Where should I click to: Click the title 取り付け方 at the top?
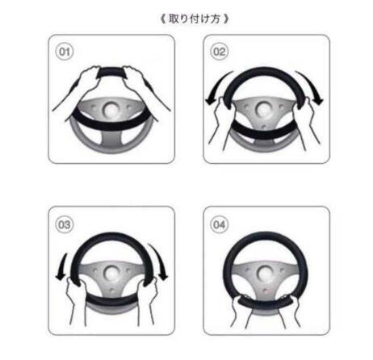pyautogui.click(x=195, y=19)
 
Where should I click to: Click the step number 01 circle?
pyautogui.click(x=65, y=52)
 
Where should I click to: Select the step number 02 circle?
pyautogui.click(x=220, y=52)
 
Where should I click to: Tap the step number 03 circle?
pyautogui.click(x=65, y=224)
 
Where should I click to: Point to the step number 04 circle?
pyautogui.click(x=220, y=224)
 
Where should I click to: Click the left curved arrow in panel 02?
pyautogui.click(x=216, y=87)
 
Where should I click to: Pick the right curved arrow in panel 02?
pyautogui.click(x=312, y=86)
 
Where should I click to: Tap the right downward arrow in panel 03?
pyautogui.click(x=160, y=261)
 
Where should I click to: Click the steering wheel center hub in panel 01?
pyautogui.click(x=111, y=110)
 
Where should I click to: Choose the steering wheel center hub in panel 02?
pyautogui.click(x=262, y=109)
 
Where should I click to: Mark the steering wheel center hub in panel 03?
pyautogui.click(x=111, y=274)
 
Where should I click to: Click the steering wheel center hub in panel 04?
pyautogui.click(x=265, y=274)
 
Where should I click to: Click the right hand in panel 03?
pyautogui.click(x=147, y=299)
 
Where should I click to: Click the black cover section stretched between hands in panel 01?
pyautogui.click(x=111, y=73)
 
